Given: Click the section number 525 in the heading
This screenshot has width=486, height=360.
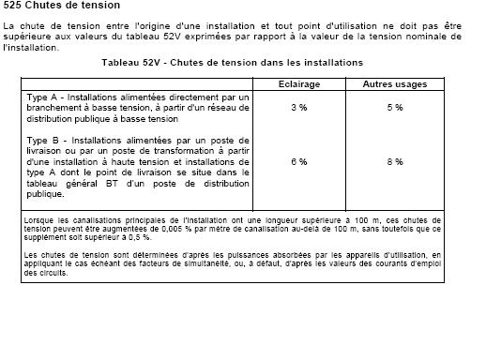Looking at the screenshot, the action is pyautogui.click(x=13, y=6).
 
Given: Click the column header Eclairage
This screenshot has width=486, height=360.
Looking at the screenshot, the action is pyautogui.click(x=298, y=84).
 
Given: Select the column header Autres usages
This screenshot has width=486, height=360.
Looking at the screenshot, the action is pyautogui.click(x=395, y=84).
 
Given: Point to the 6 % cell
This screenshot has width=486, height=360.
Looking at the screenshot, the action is pyautogui.click(x=298, y=162).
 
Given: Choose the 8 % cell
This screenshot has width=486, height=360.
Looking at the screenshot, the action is pyautogui.click(x=395, y=162).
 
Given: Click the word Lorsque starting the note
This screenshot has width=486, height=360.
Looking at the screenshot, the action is pyautogui.click(x=37, y=219).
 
